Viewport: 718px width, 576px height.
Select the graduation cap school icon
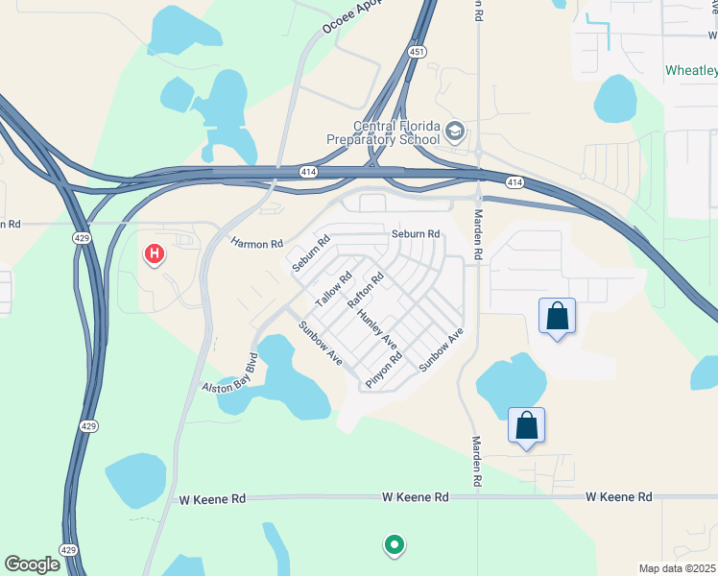pyautogui.click(x=455, y=131)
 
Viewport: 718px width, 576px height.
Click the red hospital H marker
pyautogui.click(x=154, y=254)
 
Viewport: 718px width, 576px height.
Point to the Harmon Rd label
pyautogui.click(x=256, y=244)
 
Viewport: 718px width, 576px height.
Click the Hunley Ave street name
pyautogui.click(x=375, y=327)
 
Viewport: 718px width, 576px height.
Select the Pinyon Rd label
pyautogui.click(x=383, y=371)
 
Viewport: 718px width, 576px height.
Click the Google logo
pyautogui.click(x=32, y=564)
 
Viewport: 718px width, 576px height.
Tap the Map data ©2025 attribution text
pyautogui.click(x=677, y=568)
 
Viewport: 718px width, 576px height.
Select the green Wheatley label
pyautogui.click(x=691, y=71)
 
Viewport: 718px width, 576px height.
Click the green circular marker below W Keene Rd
pyautogui.click(x=394, y=545)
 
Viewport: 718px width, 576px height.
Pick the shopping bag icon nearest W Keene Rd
pyautogui.click(x=527, y=425)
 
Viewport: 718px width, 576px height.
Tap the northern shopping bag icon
pyautogui.click(x=558, y=317)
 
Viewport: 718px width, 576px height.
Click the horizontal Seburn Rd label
pyautogui.click(x=415, y=233)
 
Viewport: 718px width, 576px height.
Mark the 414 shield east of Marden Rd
pyautogui.click(x=515, y=181)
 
